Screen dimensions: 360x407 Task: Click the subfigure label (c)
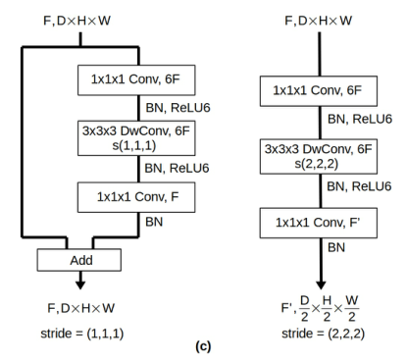(x=204, y=346)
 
